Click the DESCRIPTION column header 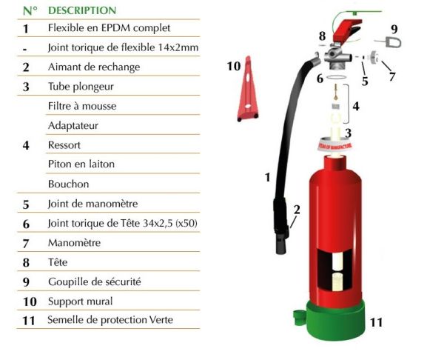click(82, 10)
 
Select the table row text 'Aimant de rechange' click(94, 67)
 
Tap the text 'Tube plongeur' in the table click(81, 87)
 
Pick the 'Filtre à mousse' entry click(82, 106)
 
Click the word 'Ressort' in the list click(64, 145)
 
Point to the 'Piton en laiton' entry click(81, 164)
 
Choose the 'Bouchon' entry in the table click(68, 184)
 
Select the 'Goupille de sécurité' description click(94, 281)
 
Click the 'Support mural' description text click(80, 301)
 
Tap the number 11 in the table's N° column click(26, 321)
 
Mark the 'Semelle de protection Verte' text click(110, 320)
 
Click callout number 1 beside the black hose click(268, 177)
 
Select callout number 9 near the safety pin click(394, 29)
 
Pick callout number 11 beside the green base click(377, 322)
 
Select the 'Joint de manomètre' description click(92, 204)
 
